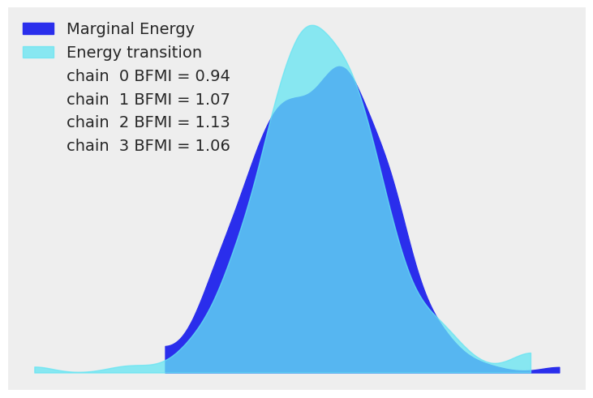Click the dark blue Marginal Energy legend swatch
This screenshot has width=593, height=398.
pyautogui.click(x=38, y=29)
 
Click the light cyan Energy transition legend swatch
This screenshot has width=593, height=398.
pyautogui.click(x=38, y=53)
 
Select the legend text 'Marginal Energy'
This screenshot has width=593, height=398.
pyautogui.click(x=130, y=29)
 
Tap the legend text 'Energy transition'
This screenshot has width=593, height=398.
pyautogui.click(x=134, y=53)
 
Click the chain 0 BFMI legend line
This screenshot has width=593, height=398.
pyautogui.click(x=148, y=76)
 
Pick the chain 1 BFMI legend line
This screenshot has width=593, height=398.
pyautogui.click(x=148, y=100)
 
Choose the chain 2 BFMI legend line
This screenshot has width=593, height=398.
pyautogui.click(x=148, y=122)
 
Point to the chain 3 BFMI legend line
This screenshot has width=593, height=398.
pyautogui.click(x=148, y=146)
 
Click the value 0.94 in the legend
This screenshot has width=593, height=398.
pyautogui.click(x=213, y=76)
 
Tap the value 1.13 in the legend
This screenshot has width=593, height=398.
pyautogui.click(x=213, y=122)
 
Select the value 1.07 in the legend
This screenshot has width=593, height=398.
pyautogui.click(x=213, y=100)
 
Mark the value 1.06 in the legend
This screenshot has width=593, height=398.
pyautogui.click(x=213, y=146)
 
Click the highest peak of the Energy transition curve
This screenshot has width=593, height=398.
pyautogui.click(x=312, y=26)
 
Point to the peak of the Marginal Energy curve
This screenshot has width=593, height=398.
pyautogui.click(x=341, y=67)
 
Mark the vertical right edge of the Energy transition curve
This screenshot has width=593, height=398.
pyautogui.click(x=531, y=362)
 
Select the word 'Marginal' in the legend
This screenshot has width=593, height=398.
pyautogui.click(x=97, y=29)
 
